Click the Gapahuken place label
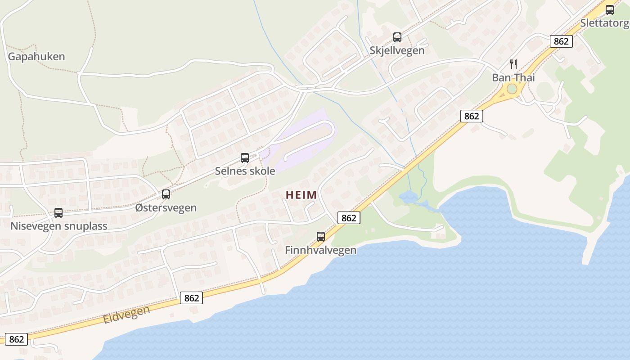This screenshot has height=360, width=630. click(36, 57)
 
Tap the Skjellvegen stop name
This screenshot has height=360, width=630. click(397, 50)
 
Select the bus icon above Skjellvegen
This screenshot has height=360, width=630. click(397, 37)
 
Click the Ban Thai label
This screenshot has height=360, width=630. click(513, 77)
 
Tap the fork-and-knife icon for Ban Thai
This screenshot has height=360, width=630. click(513, 64)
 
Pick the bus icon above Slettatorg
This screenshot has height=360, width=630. click(610, 10)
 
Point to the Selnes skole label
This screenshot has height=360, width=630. click(245, 171)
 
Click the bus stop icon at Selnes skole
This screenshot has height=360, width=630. click(245, 158)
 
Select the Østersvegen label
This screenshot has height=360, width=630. click(166, 208)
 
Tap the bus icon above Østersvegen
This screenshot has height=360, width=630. click(166, 194)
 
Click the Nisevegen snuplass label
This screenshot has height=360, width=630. click(58, 226)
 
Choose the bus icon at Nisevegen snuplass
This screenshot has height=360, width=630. click(58, 213)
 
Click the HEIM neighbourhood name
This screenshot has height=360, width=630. click(301, 195)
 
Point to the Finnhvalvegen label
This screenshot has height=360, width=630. click(320, 250)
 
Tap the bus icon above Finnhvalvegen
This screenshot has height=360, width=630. click(320, 236)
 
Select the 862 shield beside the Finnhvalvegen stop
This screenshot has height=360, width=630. click(349, 218)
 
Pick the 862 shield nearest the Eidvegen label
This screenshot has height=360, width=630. click(191, 298)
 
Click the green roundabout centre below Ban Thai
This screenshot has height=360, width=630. click(512, 89)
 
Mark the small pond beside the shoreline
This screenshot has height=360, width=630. click(407, 197)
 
